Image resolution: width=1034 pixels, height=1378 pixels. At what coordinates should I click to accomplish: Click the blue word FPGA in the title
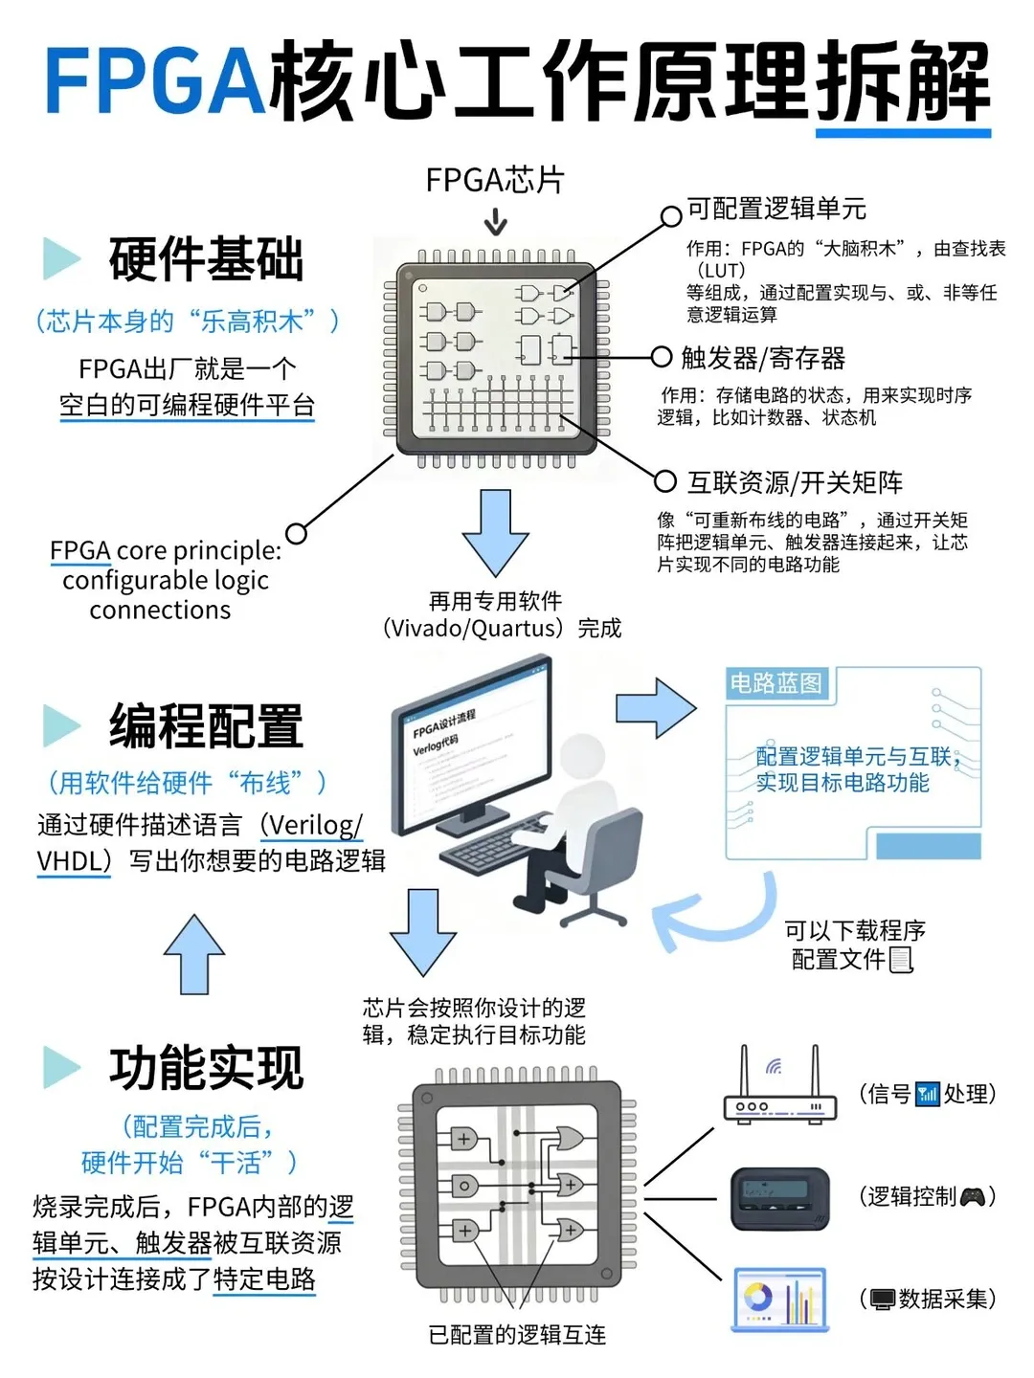coord(153,81)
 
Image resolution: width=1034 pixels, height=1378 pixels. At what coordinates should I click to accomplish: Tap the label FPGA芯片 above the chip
coord(495,180)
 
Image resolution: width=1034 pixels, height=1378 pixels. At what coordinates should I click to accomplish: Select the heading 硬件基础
coord(206,259)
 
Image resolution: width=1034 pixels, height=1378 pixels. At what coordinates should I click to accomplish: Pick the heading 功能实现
coord(206,1068)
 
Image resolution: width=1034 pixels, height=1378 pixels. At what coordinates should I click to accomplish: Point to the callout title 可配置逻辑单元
coord(776,209)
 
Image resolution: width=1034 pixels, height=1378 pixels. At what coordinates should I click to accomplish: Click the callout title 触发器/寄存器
coord(763,358)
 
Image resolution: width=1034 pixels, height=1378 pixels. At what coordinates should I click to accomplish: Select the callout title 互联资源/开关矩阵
coord(795,482)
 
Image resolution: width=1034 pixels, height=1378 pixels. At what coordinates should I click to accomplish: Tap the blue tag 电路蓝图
coord(775,683)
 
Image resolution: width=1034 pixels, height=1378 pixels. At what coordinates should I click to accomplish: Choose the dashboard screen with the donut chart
coord(779,1300)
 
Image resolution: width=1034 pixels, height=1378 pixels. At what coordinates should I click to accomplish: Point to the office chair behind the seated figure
coord(603,861)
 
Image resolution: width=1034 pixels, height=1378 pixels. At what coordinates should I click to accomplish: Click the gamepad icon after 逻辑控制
coord(972,1196)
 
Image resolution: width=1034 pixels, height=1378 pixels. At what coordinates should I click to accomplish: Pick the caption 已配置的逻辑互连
coord(517,1335)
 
